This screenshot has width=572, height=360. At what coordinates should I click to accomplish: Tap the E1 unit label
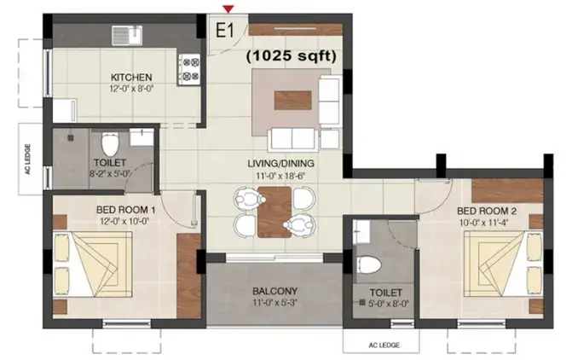225,31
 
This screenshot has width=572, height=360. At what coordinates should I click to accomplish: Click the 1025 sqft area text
291,55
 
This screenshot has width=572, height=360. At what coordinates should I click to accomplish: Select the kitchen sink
127,35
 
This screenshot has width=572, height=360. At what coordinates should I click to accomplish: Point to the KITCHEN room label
131,78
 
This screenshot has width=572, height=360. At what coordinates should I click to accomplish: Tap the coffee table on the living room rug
293,101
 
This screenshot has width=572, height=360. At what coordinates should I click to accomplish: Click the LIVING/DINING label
280,163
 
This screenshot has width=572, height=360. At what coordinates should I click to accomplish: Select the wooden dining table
274,212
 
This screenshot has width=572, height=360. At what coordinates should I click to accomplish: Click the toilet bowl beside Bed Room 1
110,143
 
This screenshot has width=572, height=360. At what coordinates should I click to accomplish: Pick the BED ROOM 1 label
125,210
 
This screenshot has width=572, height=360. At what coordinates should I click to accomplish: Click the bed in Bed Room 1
93,264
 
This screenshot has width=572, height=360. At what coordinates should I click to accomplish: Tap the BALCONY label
274,292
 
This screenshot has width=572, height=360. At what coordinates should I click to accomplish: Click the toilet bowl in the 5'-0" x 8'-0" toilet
368,264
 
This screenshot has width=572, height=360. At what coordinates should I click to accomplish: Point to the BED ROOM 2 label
487,211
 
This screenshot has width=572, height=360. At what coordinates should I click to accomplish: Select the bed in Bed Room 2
504,264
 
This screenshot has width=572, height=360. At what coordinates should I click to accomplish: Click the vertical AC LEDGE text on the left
28,160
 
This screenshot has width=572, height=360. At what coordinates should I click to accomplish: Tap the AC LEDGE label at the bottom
384,345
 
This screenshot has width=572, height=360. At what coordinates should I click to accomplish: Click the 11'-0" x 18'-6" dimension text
280,176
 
